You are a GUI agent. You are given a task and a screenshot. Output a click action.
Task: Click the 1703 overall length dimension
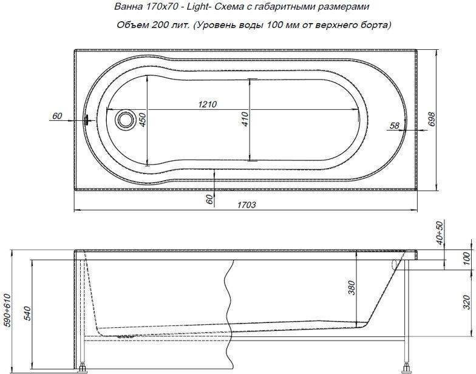coord(246,205)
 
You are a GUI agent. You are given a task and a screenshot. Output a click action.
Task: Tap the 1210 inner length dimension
coord(208,104)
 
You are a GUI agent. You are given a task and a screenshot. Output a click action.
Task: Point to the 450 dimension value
coord(142,119)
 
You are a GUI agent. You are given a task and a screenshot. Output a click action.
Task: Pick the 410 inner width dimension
coord(245,119)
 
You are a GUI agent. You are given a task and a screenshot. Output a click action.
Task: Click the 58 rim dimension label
coord(395,125)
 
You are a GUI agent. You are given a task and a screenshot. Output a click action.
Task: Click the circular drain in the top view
coord(124,119)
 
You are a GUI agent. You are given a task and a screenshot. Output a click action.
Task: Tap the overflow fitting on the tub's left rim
coord(86,119)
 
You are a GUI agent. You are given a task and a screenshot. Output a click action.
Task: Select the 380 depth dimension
coord(351,288)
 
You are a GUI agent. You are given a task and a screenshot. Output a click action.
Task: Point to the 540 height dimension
coord(27,313)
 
